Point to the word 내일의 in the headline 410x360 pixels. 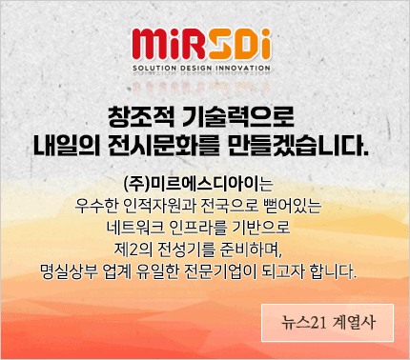click(x=64, y=149)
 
